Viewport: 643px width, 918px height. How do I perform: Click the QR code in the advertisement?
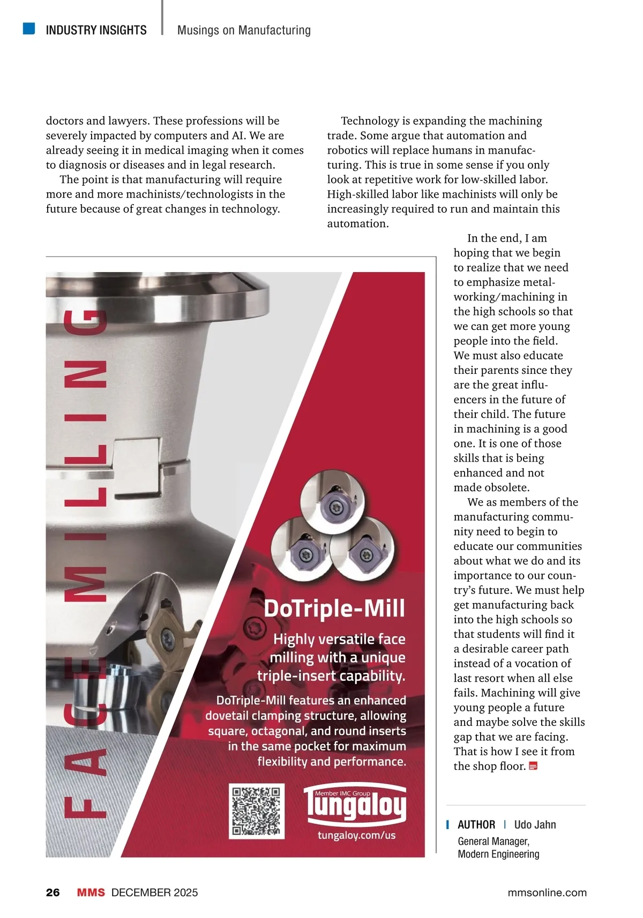tap(256, 810)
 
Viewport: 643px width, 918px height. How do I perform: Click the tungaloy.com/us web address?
tap(356, 835)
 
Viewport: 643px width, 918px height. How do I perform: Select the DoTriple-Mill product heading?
tap(334, 609)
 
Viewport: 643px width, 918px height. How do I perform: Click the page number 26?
tap(53, 892)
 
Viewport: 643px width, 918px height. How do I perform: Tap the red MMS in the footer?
tap(91, 892)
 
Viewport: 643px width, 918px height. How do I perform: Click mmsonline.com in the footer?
tap(547, 892)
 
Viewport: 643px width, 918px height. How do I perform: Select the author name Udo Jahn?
tap(535, 825)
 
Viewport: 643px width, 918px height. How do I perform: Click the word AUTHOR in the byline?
tap(476, 825)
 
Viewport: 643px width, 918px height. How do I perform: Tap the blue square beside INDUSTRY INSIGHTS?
tap(29, 28)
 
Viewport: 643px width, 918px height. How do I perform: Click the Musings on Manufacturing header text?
tap(244, 31)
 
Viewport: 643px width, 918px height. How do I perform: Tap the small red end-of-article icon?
tap(533, 766)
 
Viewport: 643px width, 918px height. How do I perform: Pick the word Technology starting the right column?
tap(370, 121)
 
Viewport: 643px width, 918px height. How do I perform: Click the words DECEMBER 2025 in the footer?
tap(154, 892)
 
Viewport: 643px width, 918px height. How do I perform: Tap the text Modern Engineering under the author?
tap(498, 854)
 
